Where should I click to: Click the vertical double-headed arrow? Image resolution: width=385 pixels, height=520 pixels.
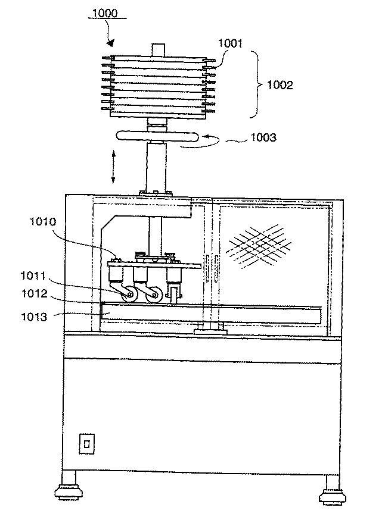tap(113, 168)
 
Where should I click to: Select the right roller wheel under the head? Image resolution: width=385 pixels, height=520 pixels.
tap(154, 293)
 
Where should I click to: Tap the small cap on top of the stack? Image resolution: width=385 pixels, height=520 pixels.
tap(157, 49)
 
